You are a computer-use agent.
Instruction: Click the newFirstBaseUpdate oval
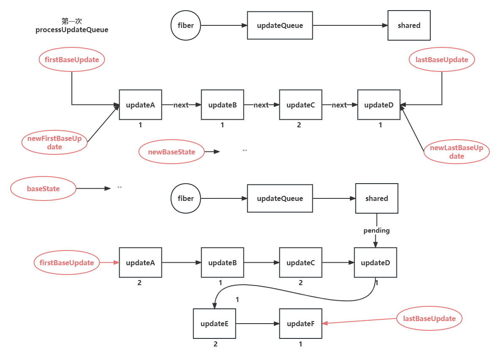54,143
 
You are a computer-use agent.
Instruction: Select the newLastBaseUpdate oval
456,152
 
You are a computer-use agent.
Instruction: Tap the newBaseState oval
172,152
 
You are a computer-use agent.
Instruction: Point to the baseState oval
43,189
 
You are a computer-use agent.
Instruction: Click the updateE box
214,324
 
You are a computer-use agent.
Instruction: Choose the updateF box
301,324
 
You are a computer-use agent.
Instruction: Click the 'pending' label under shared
376,231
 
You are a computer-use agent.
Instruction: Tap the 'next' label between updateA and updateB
181,105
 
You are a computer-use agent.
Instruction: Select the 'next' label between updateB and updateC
261,105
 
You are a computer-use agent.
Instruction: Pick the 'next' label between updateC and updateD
339,105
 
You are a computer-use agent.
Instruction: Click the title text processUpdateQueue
72,30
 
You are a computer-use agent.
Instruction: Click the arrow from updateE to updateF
257,324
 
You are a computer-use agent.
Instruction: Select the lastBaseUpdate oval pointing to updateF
429,319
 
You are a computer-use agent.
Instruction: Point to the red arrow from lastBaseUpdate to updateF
359,321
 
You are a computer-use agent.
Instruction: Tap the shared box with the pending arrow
377,198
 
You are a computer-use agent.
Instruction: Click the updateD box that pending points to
375,263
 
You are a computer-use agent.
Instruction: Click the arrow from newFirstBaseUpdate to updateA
103,124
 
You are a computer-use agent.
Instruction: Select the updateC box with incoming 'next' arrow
301,105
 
